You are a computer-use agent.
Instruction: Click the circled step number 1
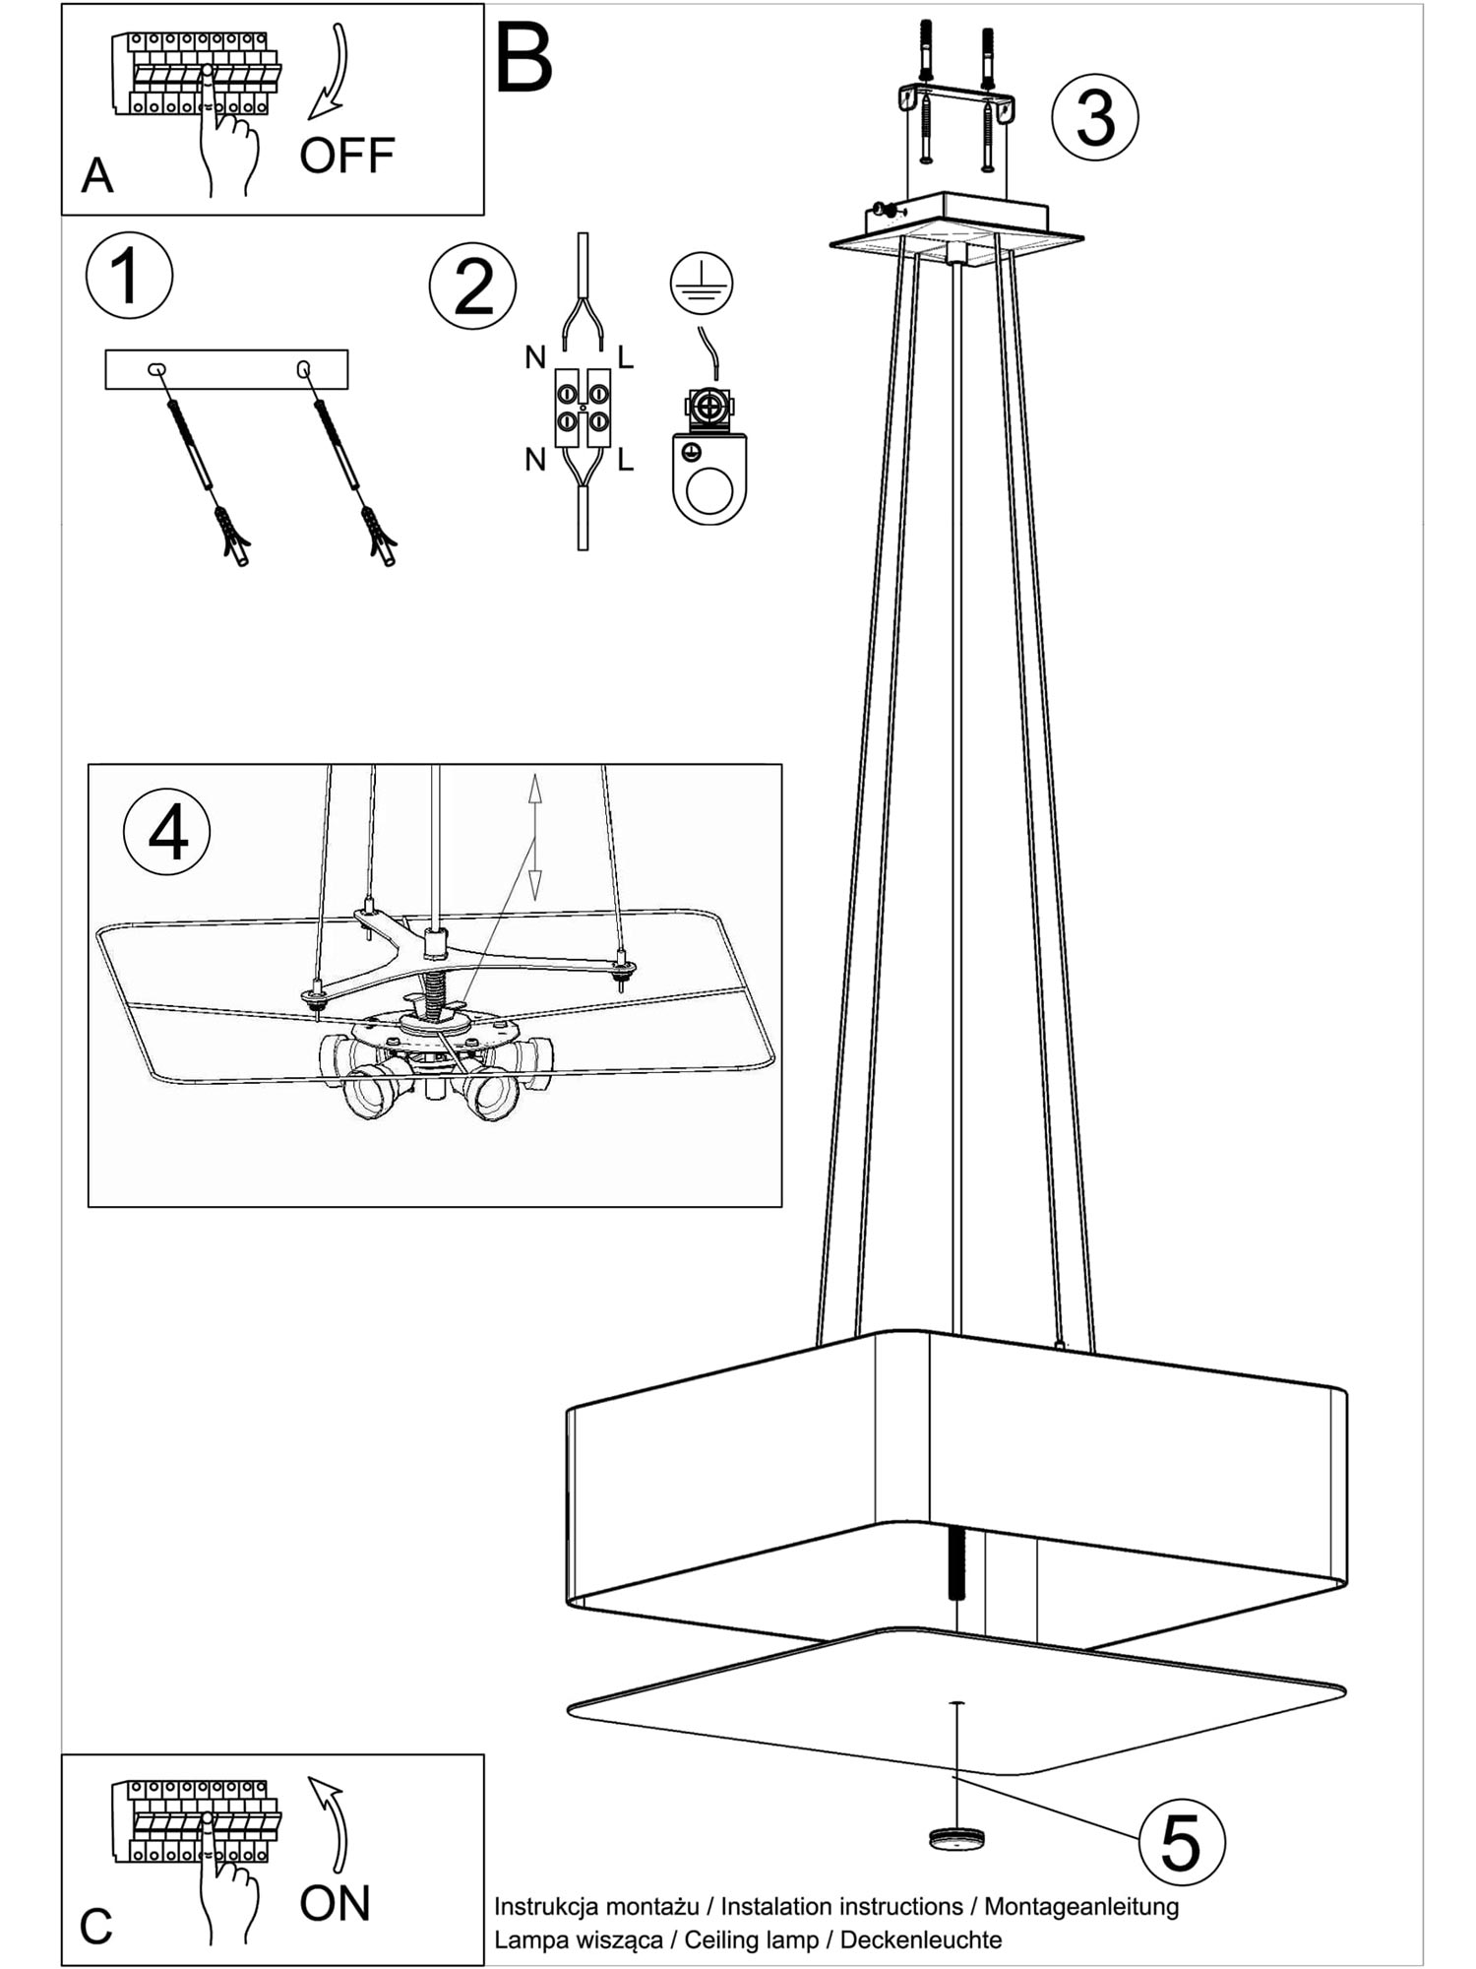pyautogui.click(x=129, y=275)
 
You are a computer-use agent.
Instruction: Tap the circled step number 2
pyautogui.click(x=472, y=286)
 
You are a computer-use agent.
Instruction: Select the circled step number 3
pyautogui.click(x=1094, y=117)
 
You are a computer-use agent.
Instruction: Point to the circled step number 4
pyautogui.click(x=166, y=833)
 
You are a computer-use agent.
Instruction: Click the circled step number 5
pyautogui.click(x=1182, y=1842)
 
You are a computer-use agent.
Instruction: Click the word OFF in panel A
pyautogui.click(x=347, y=156)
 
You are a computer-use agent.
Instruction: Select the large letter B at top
pyautogui.click(x=523, y=59)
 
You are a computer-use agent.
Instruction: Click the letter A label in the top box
pyautogui.click(x=97, y=176)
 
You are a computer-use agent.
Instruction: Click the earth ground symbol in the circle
pyautogui.click(x=702, y=284)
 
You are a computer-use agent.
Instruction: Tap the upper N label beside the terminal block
pyautogui.click(x=535, y=357)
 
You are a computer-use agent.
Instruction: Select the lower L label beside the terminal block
pyautogui.click(x=626, y=459)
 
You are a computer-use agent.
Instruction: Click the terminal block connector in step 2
pyautogui.click(x=583, y=409)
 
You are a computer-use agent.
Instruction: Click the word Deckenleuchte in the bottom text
pyautogui.click(x=921, y=1939)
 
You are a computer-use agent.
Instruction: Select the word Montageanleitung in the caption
pyautogui.click(x=1081, y=1906)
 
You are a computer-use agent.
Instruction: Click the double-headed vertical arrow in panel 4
pyautogui.click(x=535, y=837)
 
